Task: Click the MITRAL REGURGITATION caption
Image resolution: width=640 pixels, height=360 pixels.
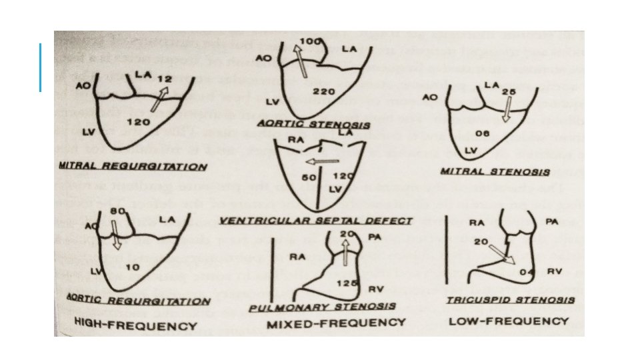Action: tap(132, 166)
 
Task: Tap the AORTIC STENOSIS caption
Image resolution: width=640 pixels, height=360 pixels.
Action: tap(323, 125)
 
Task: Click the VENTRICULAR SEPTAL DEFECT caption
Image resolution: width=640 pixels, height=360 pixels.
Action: tap(315, 220)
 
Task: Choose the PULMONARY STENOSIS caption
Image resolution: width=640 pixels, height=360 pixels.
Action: tap(321, 307)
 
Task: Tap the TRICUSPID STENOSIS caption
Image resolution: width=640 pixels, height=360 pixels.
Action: tap(510, 300)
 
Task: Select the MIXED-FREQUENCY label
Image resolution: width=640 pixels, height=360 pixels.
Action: tap(336, 323)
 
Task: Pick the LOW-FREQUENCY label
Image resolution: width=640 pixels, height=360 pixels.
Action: tap(509, 321)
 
